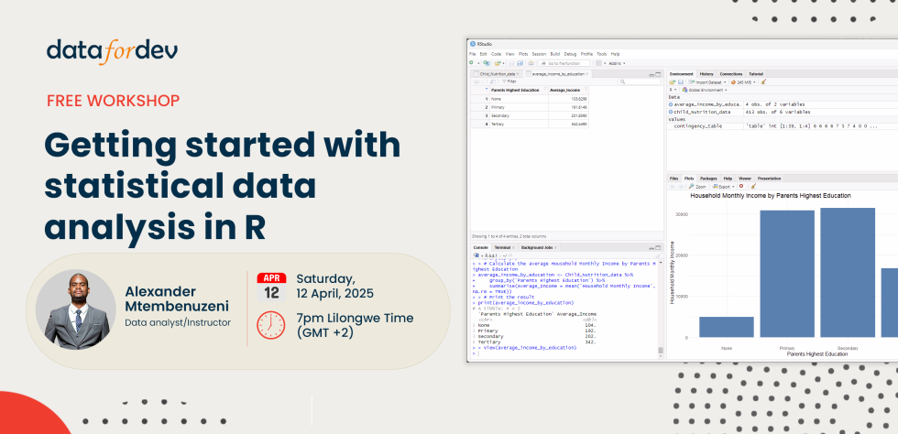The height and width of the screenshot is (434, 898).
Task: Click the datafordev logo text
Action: [112, 52]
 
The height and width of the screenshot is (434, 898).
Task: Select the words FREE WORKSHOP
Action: [113, 101]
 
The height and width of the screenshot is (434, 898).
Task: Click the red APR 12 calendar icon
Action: [270, 288]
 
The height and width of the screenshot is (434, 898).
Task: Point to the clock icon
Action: [270, 324]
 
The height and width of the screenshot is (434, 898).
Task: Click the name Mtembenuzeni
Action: [178, 306]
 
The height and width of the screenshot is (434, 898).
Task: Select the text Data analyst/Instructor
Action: [178, 322]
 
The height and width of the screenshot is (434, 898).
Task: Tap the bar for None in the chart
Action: [727, 327]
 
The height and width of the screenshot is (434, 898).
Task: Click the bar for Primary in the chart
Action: [786, 274]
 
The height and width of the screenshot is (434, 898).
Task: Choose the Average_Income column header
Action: [565, 90]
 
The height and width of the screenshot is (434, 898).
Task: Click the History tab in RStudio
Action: [706, 73]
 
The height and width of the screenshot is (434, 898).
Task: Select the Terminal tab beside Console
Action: [502, 247]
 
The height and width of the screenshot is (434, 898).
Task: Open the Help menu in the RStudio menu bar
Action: [615, 54]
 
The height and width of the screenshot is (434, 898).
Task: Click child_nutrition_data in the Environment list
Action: [704, 112]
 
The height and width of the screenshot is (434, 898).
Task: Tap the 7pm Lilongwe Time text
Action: [356, 318]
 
